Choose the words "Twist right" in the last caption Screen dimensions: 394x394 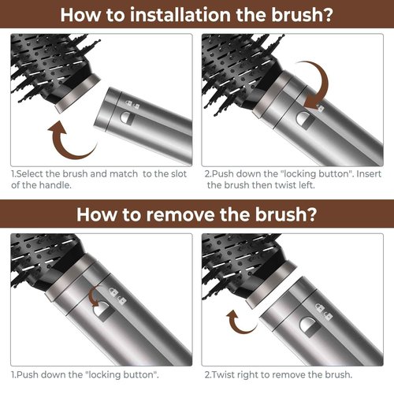click(237, 375)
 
